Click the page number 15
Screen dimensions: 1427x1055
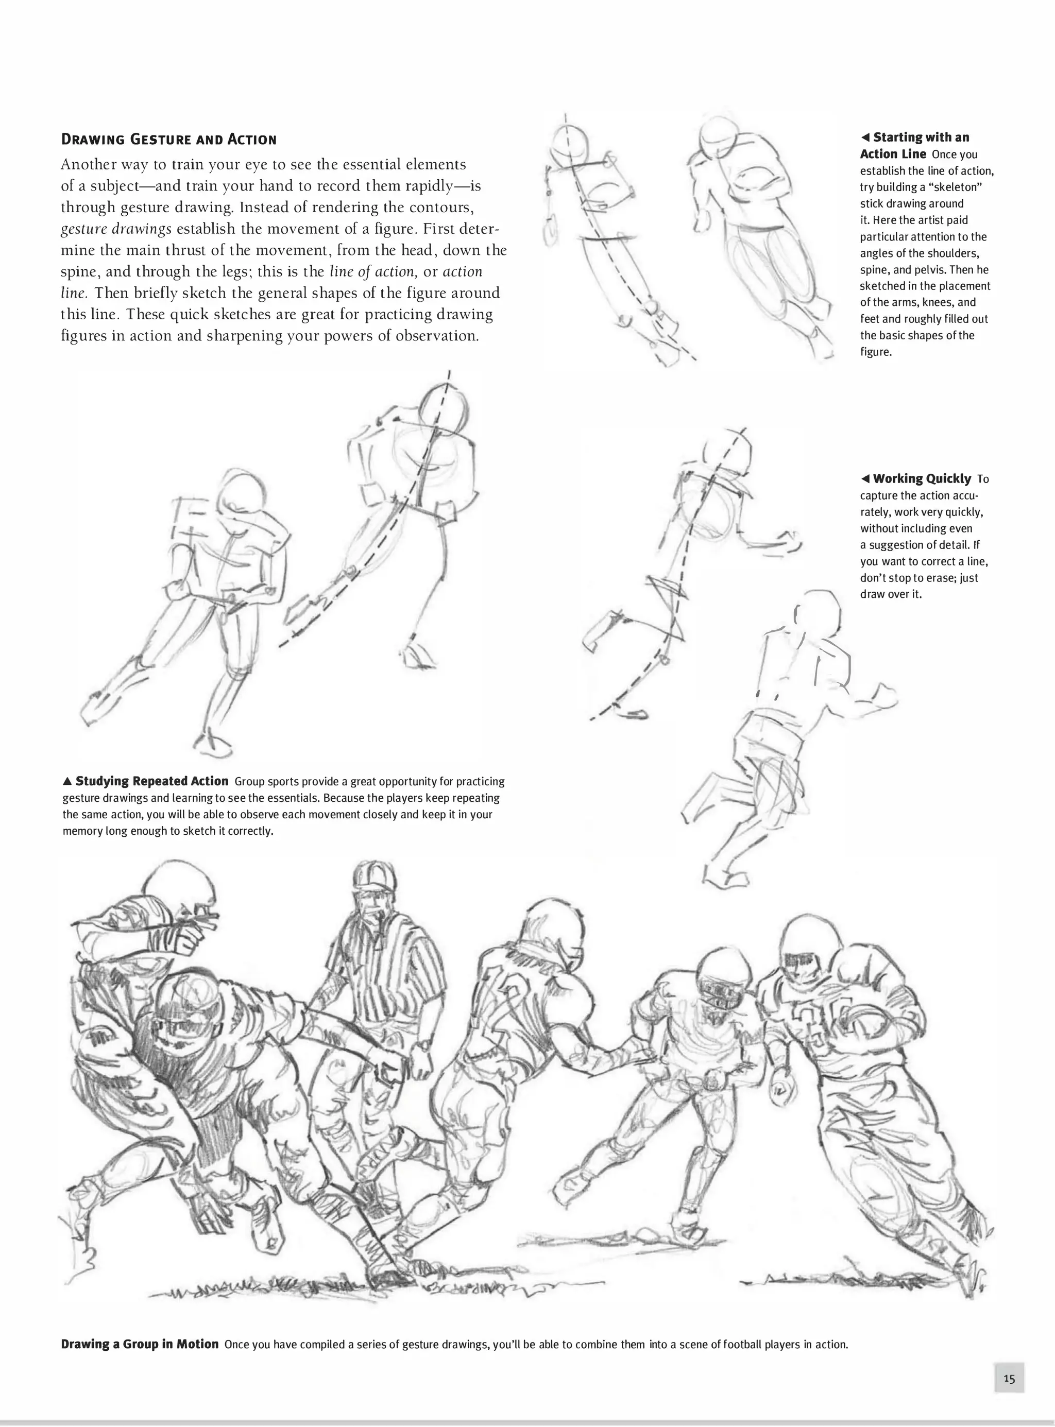point(1009,1378)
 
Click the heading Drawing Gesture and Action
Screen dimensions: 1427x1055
point(168,139)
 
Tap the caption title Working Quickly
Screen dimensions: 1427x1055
point(922,478)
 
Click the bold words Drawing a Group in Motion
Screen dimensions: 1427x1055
point(140,1344)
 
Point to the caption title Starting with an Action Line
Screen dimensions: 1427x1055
point(914,146)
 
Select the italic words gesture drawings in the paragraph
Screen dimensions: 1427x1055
point(115,229)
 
